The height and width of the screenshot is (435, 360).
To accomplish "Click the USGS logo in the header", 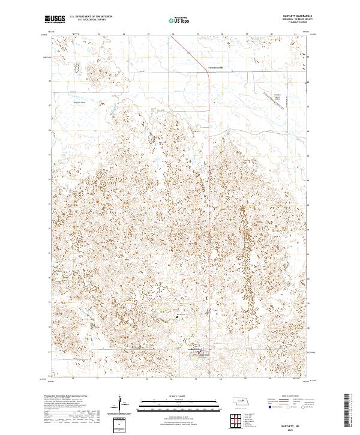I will (55, 19).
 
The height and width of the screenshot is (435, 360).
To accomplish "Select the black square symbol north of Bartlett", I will (176, 316).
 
